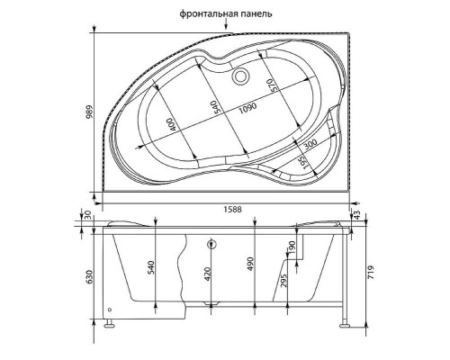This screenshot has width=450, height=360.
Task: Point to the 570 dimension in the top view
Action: (x=269, y=85)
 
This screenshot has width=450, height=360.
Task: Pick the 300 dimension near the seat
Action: (x=310, y=145)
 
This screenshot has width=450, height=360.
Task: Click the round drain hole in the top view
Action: (x=240, y=76)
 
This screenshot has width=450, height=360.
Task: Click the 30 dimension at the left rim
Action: (x=87, y=216)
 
